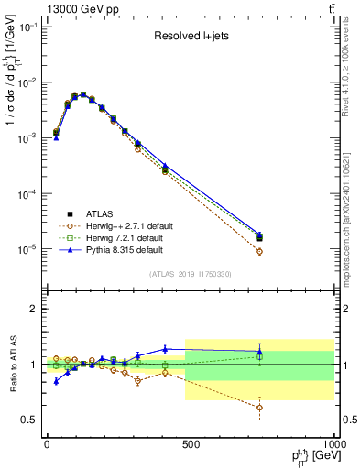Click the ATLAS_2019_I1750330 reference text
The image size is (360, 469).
(191, 274)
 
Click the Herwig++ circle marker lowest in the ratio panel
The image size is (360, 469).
(259, 408)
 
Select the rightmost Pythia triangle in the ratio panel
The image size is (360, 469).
(259, 351)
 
